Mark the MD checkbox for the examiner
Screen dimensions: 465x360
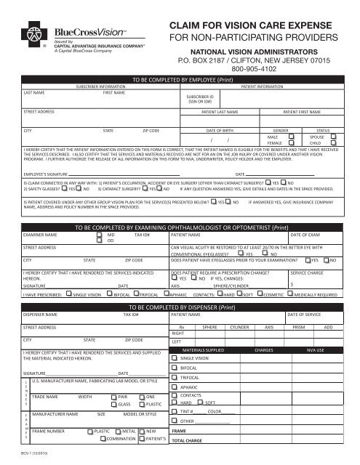tap(101, 236)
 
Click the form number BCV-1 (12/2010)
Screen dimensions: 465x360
tap(24, 454)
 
